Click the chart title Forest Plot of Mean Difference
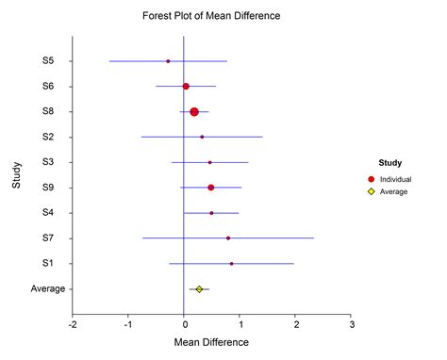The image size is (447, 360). tap(211, 16)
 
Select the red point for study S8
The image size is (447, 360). tap(194, 111)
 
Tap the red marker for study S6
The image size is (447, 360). tap(186, 87)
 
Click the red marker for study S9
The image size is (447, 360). tap(210, 188)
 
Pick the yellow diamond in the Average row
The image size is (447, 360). tap(199, 288)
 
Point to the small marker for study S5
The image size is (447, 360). tap(168, 61)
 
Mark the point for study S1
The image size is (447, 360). tap(231, 264)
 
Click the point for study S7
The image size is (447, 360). tap(228, 238)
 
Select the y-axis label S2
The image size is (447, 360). tap(48, 138)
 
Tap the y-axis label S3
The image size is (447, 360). tap(48, 162)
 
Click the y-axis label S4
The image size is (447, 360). tap(48, 213)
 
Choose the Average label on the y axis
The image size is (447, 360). tap(48, 289)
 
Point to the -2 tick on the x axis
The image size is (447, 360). tap(73, 325)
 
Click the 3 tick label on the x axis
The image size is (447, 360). tap(352, 325)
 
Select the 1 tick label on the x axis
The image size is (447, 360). tap(240, 325)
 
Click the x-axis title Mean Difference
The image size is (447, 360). tap(211, 346)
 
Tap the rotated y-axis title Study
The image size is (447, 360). tap(16, 175)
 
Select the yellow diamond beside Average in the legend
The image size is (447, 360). tap(372, 191)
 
